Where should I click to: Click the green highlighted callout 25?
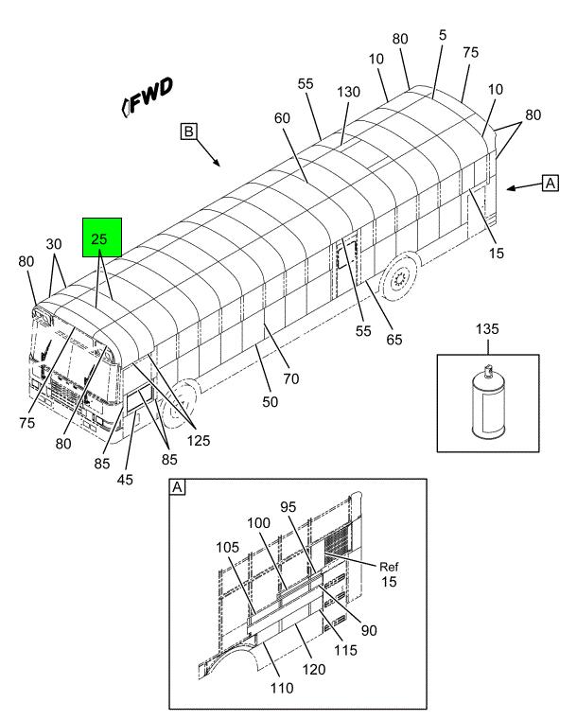(102, 237)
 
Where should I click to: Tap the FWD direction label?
(148, 97)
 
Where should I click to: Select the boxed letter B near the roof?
(188, 132)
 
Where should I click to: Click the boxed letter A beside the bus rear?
(550, 183)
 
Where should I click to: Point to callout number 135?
(487, 328)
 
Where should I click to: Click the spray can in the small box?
(488, 403)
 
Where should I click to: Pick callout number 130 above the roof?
(348, 92)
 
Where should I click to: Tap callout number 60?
(282, 118)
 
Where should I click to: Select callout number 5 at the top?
(442, 35)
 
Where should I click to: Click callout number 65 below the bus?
(394, 340)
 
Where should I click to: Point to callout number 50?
(270, 402)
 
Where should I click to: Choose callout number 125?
(199, 440)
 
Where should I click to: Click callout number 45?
(125, 480)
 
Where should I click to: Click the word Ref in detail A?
(389, 567)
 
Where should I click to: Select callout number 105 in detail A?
(228, 548)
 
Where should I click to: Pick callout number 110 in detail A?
(281, 688)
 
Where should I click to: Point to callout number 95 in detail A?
(288, 507)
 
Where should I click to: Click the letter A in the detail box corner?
(177, 487)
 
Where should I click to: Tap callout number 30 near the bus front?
(54, 244)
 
